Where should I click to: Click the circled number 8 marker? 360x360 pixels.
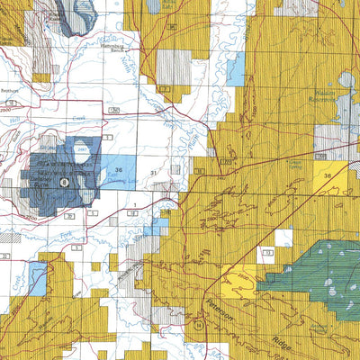pyautogui.click(x=64, y=181)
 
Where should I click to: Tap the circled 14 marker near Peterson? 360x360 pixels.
pyautogui.click(x=198, y=320)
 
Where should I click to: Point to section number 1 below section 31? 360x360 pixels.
pyautogui.click(x=134, y=206)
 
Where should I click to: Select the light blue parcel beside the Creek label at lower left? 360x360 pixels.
pyautogui.click(x=36, y=278)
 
